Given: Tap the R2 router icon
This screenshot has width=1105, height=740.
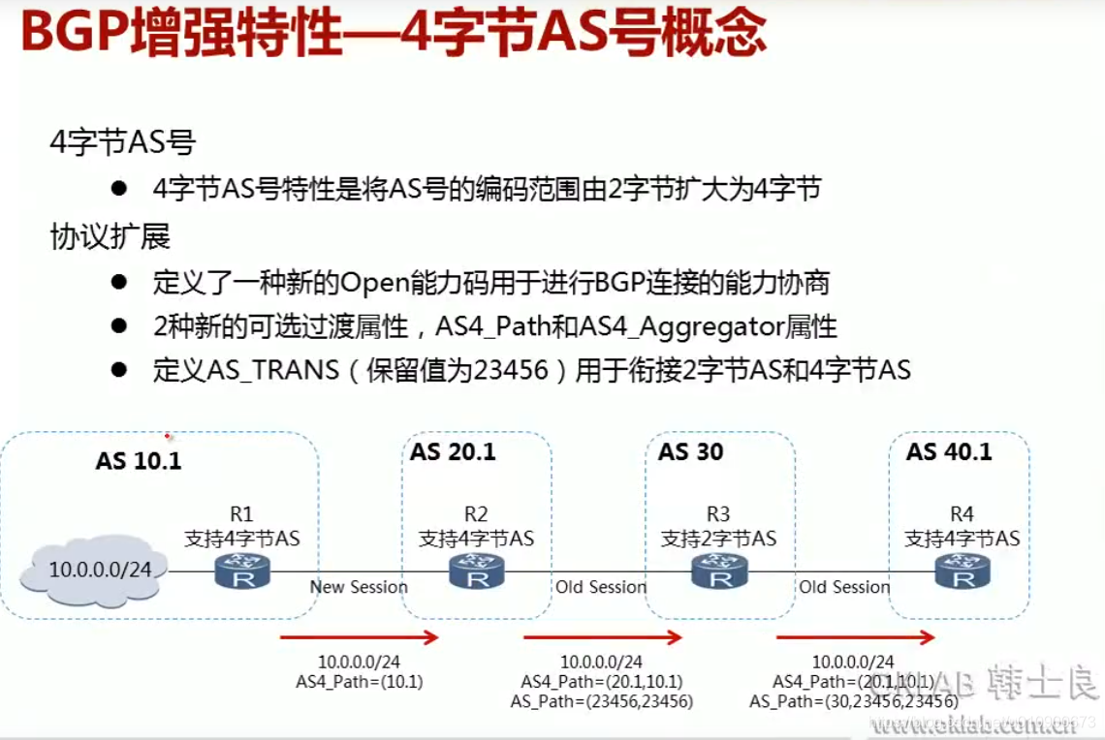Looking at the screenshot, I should (476, 573).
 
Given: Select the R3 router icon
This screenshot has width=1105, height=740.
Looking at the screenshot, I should (720, 573).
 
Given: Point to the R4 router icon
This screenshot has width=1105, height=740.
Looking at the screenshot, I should (963, 573).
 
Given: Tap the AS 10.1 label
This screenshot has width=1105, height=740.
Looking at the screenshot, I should (139, 460).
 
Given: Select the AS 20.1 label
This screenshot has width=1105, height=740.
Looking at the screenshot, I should (453, 452).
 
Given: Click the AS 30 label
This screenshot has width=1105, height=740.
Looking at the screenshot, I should (691, 452).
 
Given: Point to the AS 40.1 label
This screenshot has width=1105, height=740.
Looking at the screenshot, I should (949, 452).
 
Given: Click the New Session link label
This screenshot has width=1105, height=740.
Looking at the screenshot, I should (359, 587).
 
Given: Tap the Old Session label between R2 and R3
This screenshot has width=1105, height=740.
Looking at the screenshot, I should (601, 587).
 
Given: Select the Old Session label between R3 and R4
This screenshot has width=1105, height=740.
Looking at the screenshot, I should (844, 587).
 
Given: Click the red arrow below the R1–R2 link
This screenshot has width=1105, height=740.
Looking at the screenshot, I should (360, 637).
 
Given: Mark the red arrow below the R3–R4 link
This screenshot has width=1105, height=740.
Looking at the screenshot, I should (855, 637).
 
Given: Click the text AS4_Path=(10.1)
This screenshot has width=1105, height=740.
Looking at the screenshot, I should (360, 682).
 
